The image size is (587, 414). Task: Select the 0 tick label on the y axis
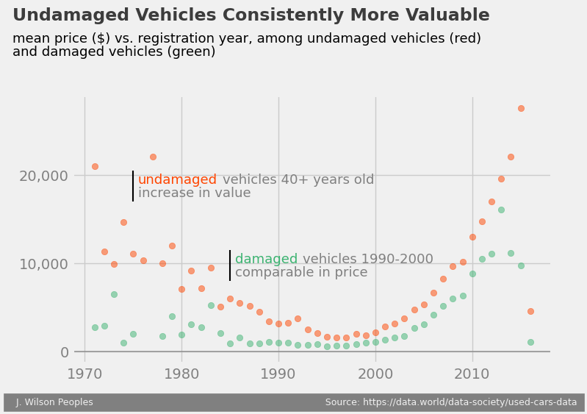[x=64, y=352]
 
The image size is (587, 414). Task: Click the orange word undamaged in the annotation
[x=177, y=180]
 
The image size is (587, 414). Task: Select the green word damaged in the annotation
[x=266, y=260]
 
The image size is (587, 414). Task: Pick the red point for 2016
[x=530, y=311]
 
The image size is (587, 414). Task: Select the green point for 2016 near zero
[x=530, y=342]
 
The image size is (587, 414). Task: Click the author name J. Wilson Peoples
[x=54, y=402]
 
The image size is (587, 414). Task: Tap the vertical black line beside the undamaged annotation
[x=133, y=186]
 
